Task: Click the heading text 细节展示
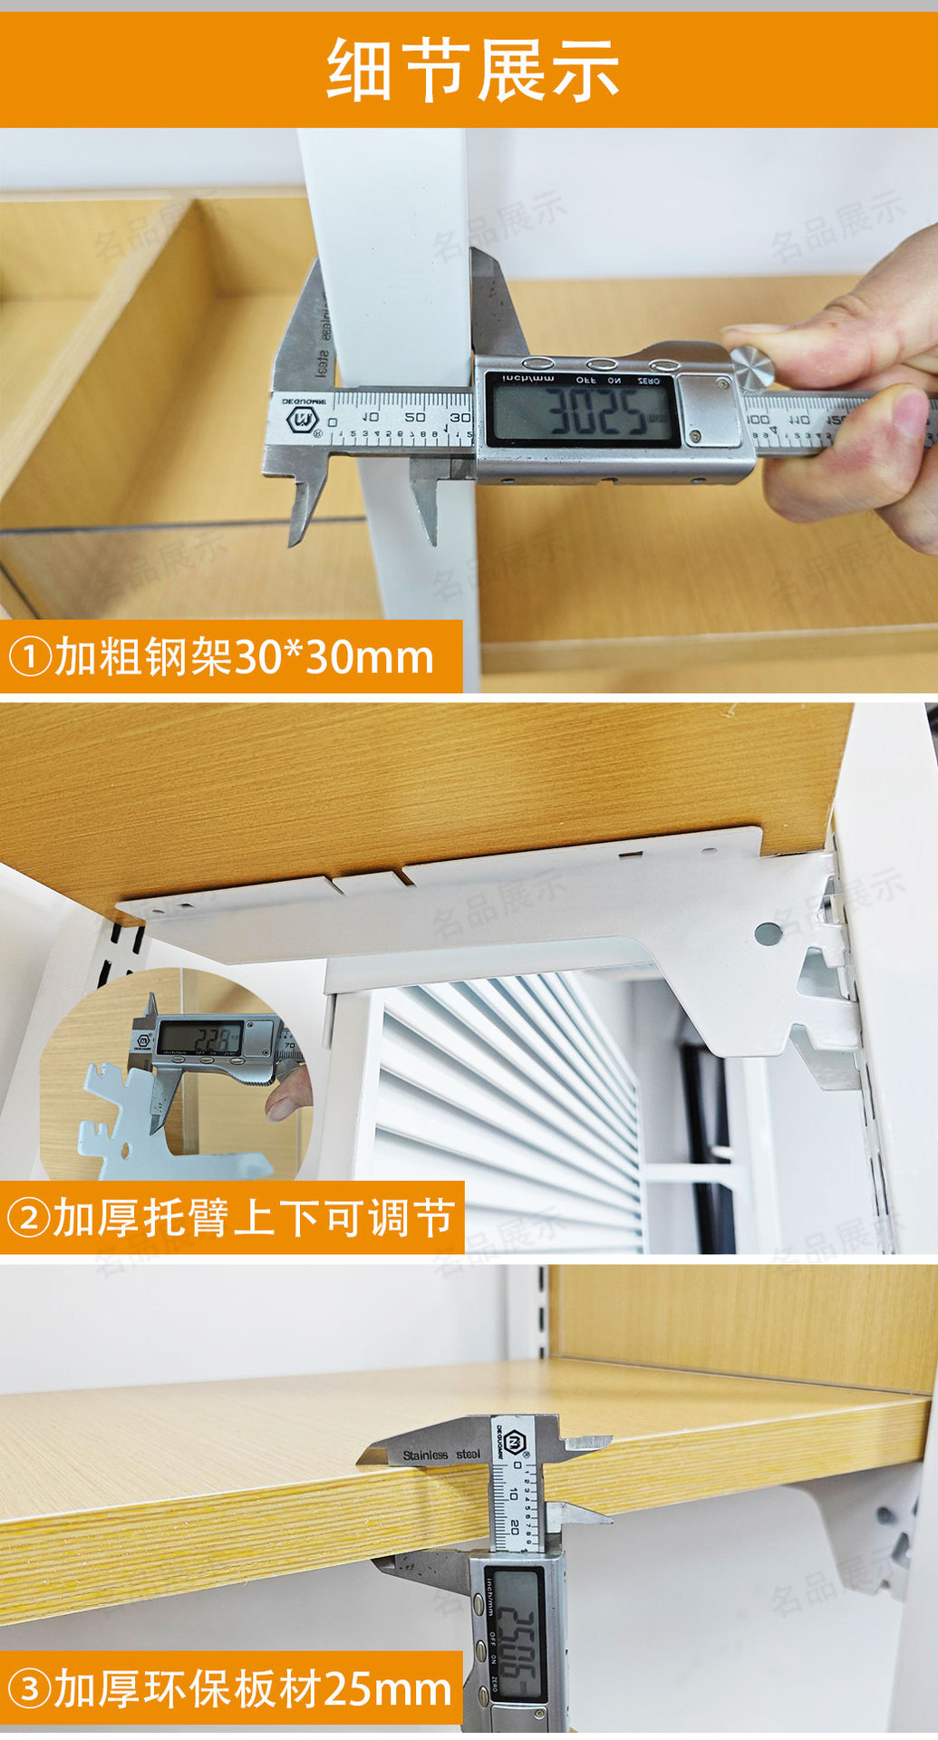point(472,71)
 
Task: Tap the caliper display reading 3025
point(582,413)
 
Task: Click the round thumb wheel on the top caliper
point(753,366)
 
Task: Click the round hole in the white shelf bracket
point(767,931)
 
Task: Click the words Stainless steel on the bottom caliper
point(441,1455)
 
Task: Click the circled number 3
point(30,1690)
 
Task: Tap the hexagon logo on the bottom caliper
point(516,1440)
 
